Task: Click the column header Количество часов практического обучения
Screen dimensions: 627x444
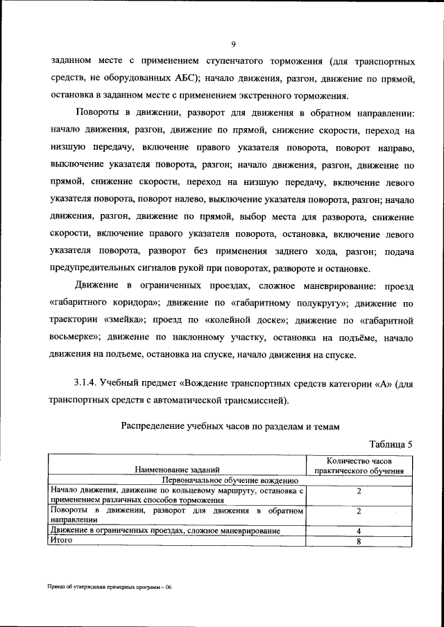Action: [359, 465]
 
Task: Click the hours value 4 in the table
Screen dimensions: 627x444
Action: [359, 531]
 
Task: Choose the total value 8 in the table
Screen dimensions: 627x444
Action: [359, 540]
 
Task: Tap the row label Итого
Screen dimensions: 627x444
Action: [62, 540]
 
